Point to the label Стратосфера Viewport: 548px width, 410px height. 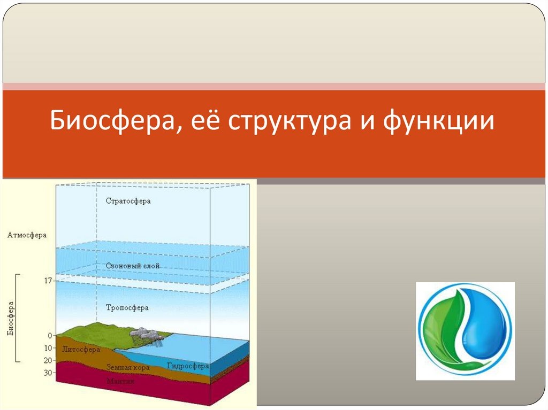click(x=128, y=201)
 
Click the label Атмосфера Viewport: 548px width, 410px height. click(x=27, y=235)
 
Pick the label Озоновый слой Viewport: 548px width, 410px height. click(x=133, y=266)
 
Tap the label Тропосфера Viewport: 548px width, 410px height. click(x=127, y=308)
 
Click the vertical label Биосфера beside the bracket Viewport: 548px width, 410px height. click(x=11, y=319)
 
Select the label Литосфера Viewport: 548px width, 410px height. click(x=81, y=349)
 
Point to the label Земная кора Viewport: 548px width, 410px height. click(x=128, y=367)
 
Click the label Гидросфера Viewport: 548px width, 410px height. click(x=188, y=366)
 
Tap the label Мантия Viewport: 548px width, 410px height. click(x=120, y=381)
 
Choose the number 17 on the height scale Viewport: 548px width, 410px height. click(x=48, y=281)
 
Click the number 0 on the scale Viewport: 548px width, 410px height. click(x=50, y=336)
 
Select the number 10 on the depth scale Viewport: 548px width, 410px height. click(x=48, y=348)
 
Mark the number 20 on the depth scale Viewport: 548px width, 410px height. click(x=48, y=360)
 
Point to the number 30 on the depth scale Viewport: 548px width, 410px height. click(x=48, y=373)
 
